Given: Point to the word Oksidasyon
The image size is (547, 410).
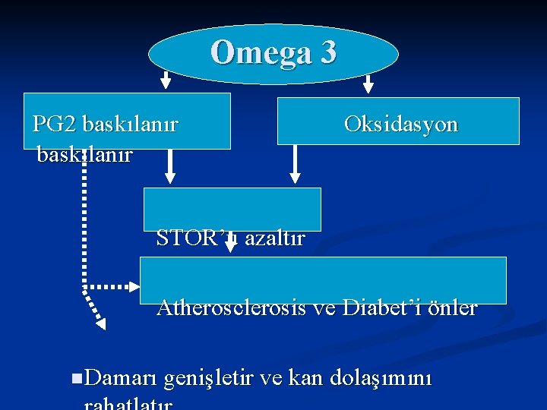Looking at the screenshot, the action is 400,124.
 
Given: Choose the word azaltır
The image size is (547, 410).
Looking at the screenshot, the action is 275,238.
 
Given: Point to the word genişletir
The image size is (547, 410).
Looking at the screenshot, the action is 209,378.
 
